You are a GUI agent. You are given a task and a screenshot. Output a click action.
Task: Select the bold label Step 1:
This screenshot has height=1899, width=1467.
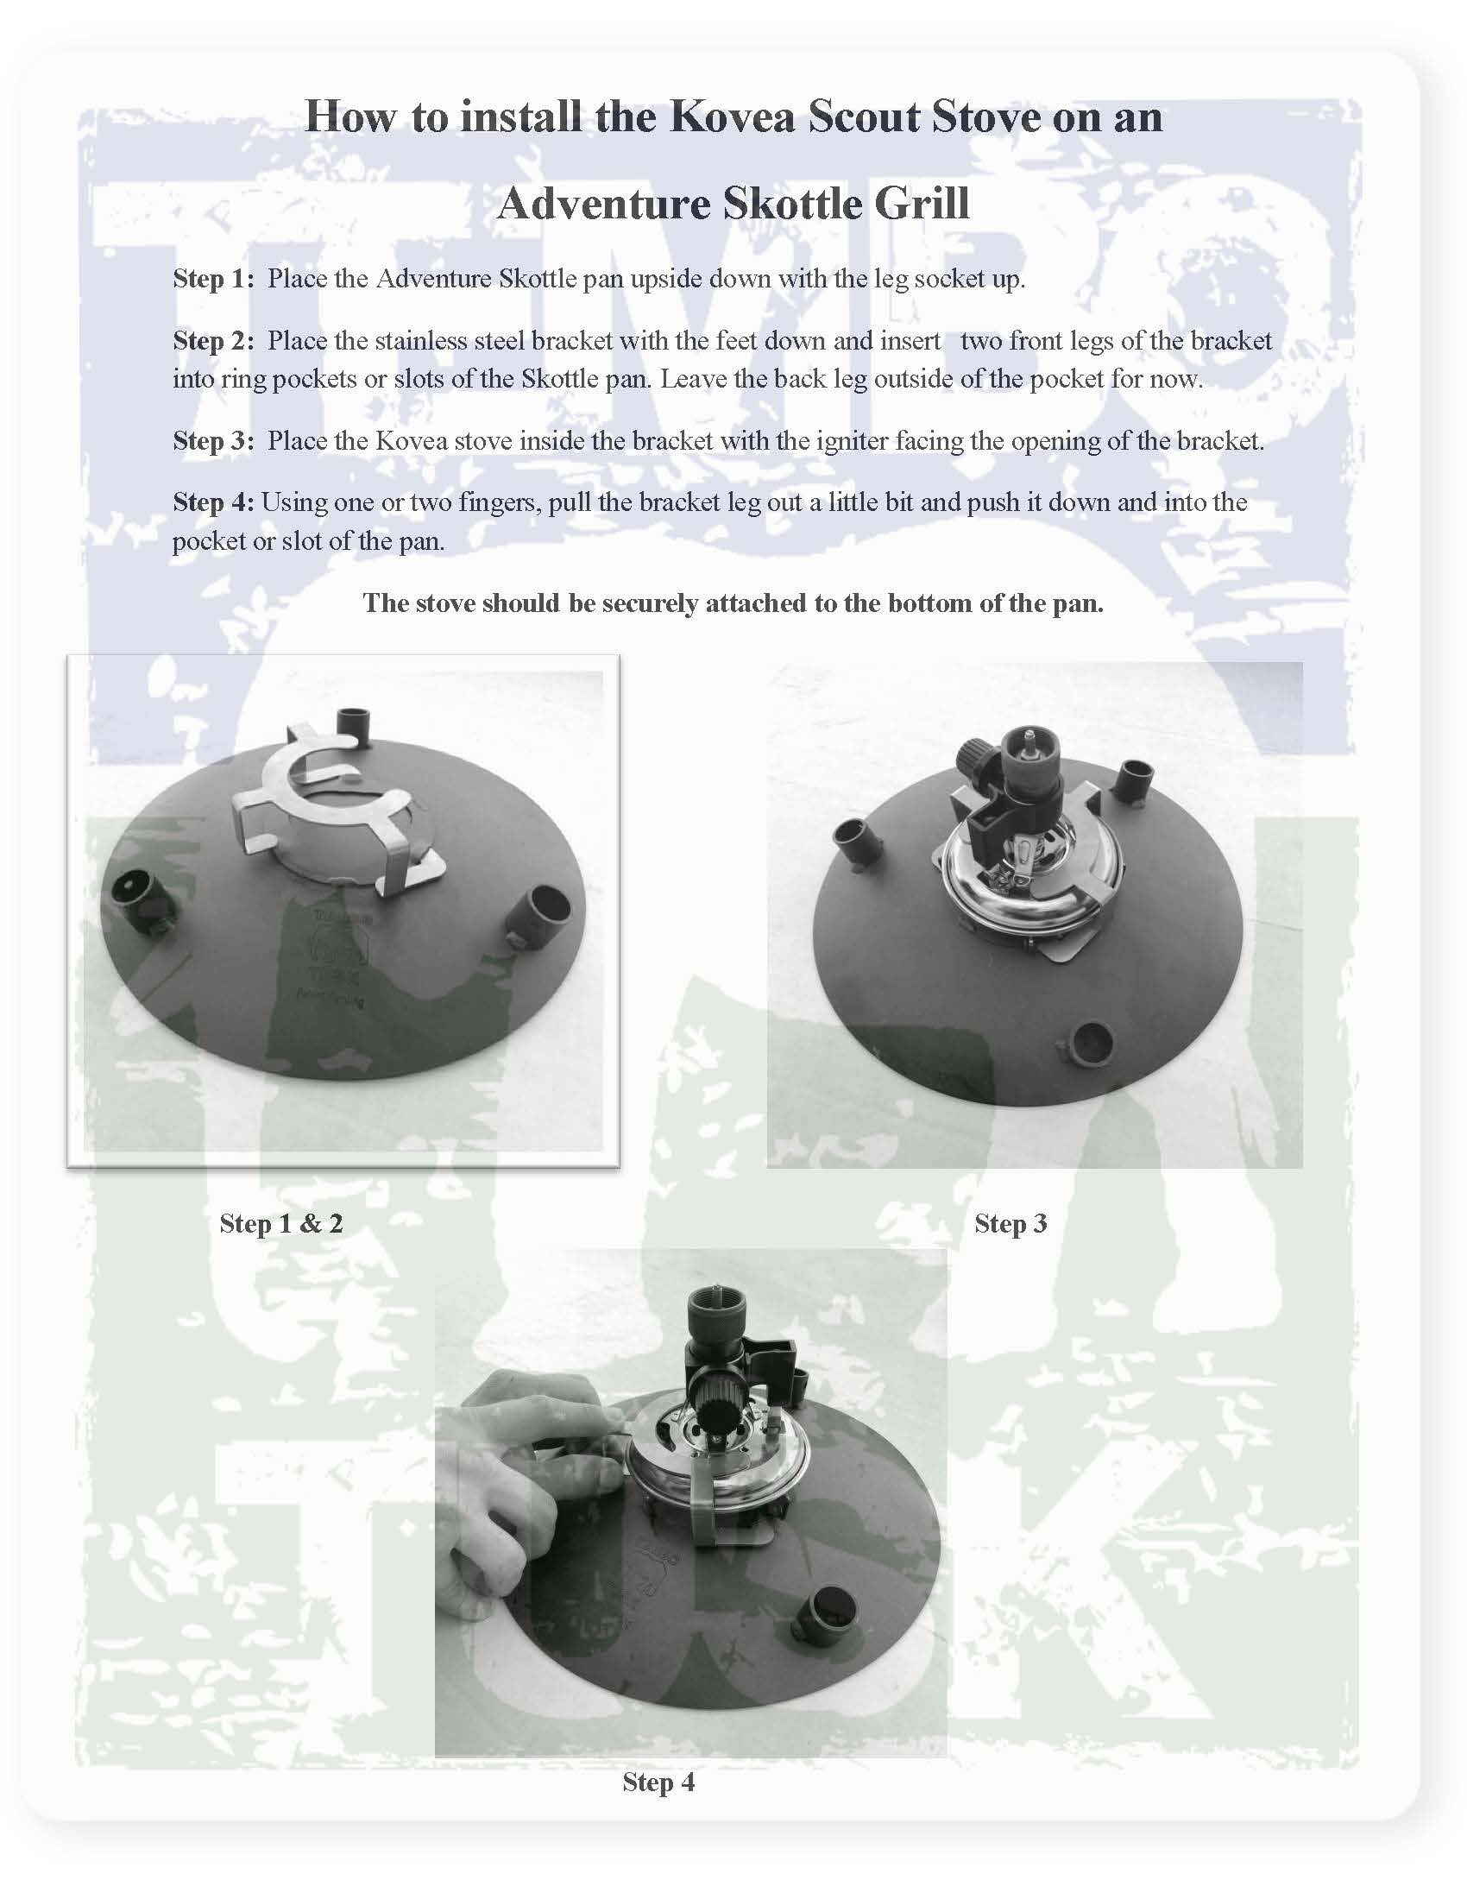pos(213,279)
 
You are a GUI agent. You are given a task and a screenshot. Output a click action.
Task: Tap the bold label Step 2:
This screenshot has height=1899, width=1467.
pos(213,341)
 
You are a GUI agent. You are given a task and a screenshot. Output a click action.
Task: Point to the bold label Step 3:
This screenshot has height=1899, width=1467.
pos(213,441)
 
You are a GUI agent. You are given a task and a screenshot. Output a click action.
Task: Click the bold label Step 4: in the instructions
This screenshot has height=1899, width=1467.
pos(213,502)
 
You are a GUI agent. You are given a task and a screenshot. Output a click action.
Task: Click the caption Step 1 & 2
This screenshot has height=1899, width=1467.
pos(280,1223)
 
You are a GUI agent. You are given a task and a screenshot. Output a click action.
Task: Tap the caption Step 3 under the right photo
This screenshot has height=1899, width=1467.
pos(1010,1223)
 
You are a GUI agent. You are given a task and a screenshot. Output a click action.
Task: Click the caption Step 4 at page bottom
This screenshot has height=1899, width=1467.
pos(658,1782)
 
